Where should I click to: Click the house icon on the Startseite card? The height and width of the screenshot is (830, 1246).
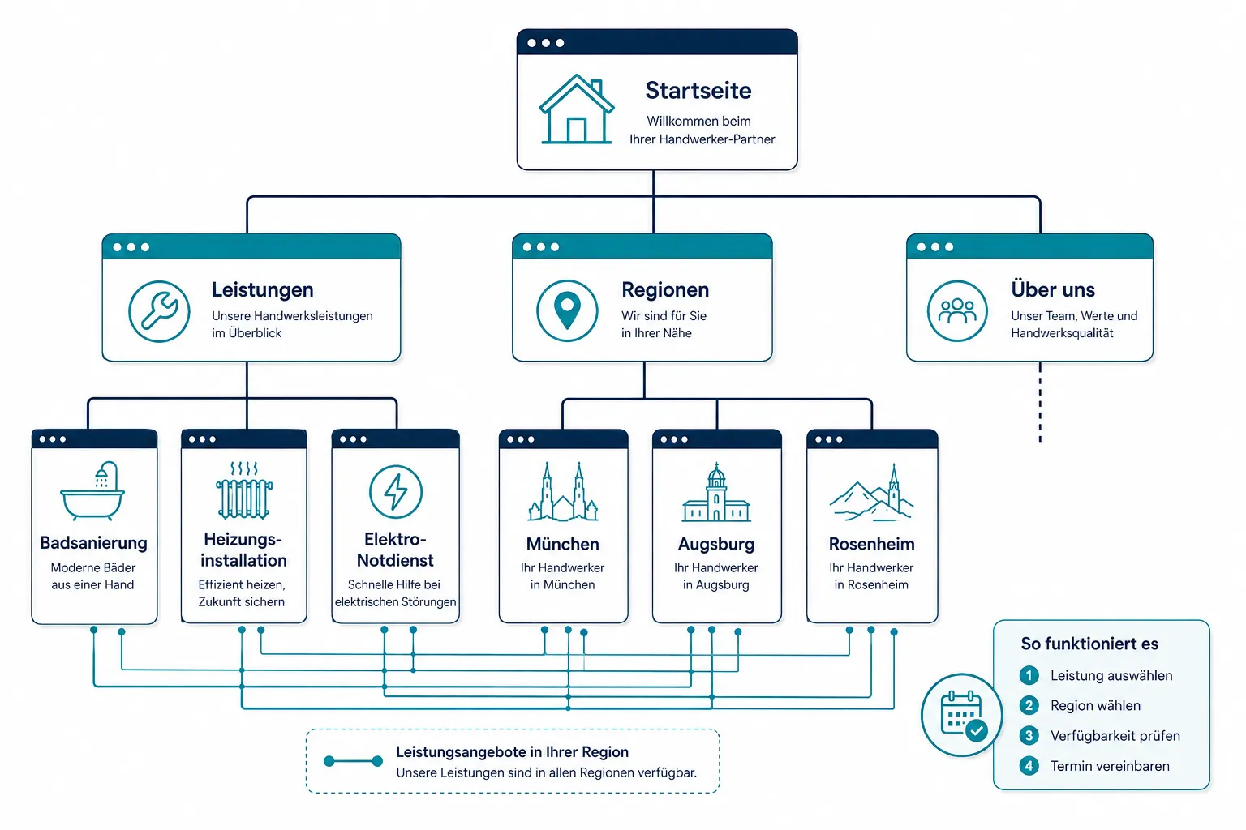577,109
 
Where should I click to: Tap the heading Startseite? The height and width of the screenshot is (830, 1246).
698,91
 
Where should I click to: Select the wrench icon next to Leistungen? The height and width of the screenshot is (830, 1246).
159,311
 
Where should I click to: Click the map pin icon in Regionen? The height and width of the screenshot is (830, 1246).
567,310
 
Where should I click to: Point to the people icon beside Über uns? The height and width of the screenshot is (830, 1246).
957,310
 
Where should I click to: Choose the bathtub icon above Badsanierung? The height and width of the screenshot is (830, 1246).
92,491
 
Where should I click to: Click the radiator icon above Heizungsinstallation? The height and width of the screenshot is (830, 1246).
244,490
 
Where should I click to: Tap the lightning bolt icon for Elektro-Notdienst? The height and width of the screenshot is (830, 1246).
396,492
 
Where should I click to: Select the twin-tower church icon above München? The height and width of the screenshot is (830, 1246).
563,491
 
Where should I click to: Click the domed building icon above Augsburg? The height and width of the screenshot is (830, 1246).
716,492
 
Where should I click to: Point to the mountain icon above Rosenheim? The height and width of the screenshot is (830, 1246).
871,493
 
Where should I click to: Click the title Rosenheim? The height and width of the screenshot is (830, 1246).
872,544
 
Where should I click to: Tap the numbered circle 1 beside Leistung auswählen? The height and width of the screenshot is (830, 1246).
1029,675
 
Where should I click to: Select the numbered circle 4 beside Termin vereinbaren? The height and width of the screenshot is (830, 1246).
1029,766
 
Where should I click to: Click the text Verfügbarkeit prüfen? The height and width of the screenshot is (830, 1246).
1115,736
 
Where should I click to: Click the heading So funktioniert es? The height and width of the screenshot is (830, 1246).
1089,644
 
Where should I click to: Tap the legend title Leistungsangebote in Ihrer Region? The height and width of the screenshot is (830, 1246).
513,752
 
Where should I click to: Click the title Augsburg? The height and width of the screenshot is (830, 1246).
716,544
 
